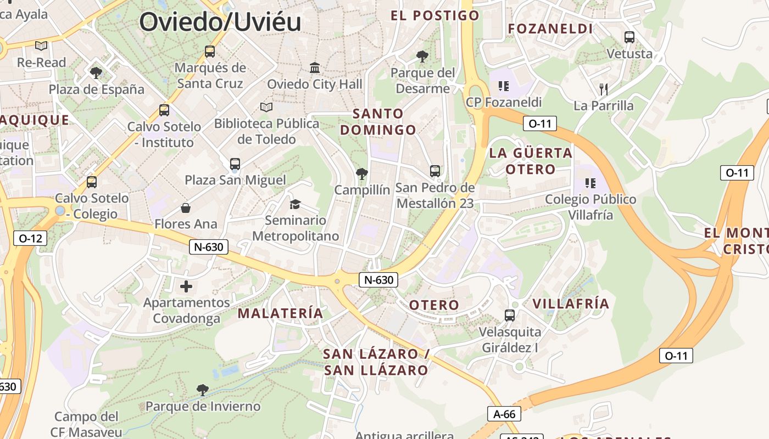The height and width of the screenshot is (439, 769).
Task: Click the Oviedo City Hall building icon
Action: click(315, 68)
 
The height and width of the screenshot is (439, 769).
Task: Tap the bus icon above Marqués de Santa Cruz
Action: click(209, 52)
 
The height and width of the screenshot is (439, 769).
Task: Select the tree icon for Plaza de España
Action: click(96, 72)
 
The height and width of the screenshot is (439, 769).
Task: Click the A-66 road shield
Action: click(504, 414)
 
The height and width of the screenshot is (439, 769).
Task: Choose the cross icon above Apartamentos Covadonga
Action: click(186, 286)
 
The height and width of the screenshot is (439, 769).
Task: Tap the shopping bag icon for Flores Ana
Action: click(186, 208)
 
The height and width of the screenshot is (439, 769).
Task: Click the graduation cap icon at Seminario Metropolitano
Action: click(295, 204)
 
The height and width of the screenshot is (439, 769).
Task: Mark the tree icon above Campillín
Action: click(361, 174)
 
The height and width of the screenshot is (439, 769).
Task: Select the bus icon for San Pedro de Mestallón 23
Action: click(435, 171)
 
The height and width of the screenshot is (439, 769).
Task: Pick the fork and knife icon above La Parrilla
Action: click(603, 89)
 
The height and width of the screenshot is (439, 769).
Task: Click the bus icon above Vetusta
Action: click(629, 37)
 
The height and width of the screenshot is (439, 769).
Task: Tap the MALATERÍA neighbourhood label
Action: click(280, 313)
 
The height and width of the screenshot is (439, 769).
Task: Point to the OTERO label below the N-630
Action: click(434, 305)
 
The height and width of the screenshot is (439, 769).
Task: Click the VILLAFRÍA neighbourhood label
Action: click(571, 303)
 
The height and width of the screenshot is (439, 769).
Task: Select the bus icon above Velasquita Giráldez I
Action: click(510, 316)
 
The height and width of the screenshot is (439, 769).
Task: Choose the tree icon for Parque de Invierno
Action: click(203, 390)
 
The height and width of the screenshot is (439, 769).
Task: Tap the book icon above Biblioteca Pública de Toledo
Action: click(266, 107)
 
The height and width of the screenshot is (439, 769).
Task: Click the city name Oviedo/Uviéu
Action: click(220, 22)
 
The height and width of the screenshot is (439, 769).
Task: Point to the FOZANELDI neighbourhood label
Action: click(550, 29)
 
